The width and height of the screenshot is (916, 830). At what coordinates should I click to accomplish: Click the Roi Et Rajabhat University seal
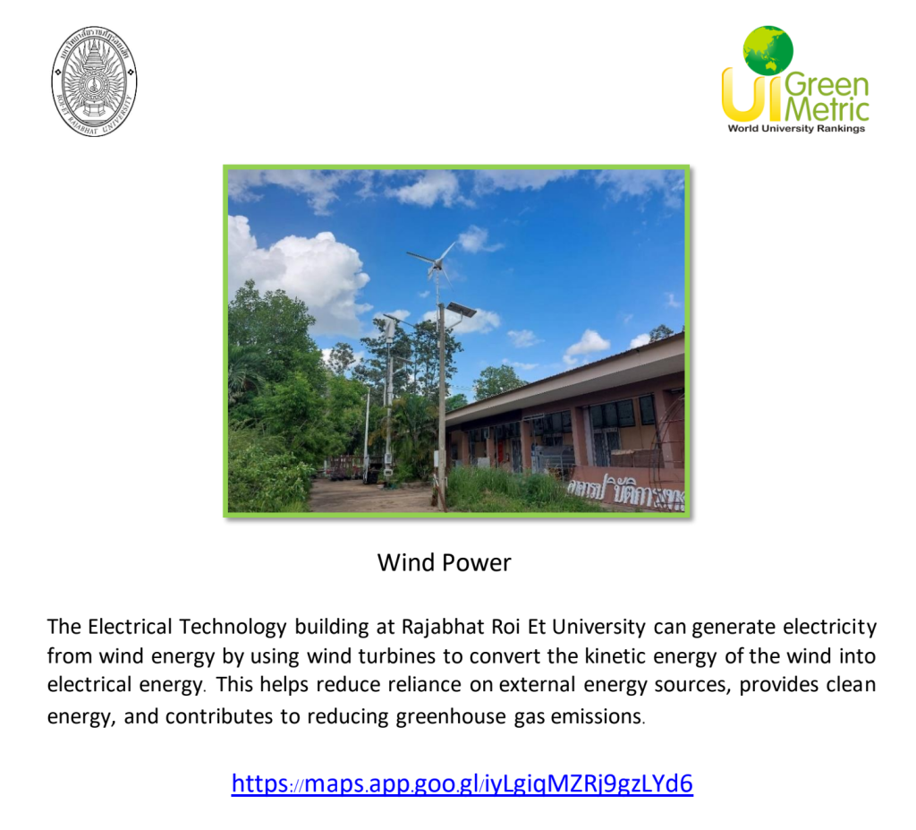click(x=94, y=81)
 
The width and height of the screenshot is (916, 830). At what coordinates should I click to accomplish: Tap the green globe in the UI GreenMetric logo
click(x=768, y=50)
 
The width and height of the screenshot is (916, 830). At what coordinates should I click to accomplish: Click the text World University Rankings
click(x=796, y=128)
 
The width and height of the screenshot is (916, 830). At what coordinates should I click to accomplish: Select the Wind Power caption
click(x=444, y=562)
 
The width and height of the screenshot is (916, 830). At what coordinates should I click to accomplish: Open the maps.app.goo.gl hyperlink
click(x=462, y=783)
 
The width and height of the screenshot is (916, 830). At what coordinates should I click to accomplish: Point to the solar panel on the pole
click(x=461, y=309)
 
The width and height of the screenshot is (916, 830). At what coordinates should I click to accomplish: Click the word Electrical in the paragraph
click(x=130, y=627)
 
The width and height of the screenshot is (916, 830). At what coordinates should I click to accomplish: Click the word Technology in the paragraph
click(x=233, y=628)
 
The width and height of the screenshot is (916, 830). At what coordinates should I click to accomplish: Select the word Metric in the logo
click(x=827, y=108)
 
